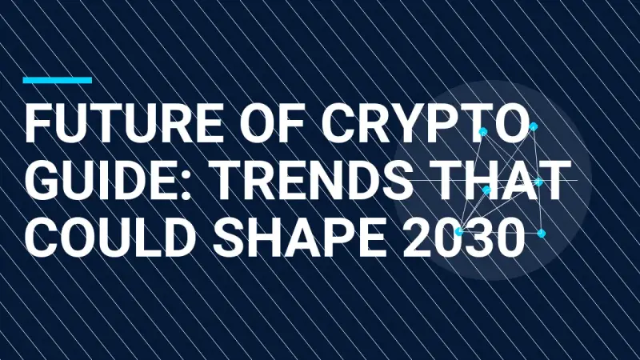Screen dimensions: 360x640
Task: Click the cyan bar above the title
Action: [x=57, y=80]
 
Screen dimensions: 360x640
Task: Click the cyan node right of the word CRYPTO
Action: [x=534, y=126]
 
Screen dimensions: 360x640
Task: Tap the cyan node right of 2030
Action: [x=541, y=234]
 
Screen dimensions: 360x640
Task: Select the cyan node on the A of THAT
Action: [x=486, y=190]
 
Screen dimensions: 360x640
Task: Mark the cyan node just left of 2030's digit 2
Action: [x=458, y=231]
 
